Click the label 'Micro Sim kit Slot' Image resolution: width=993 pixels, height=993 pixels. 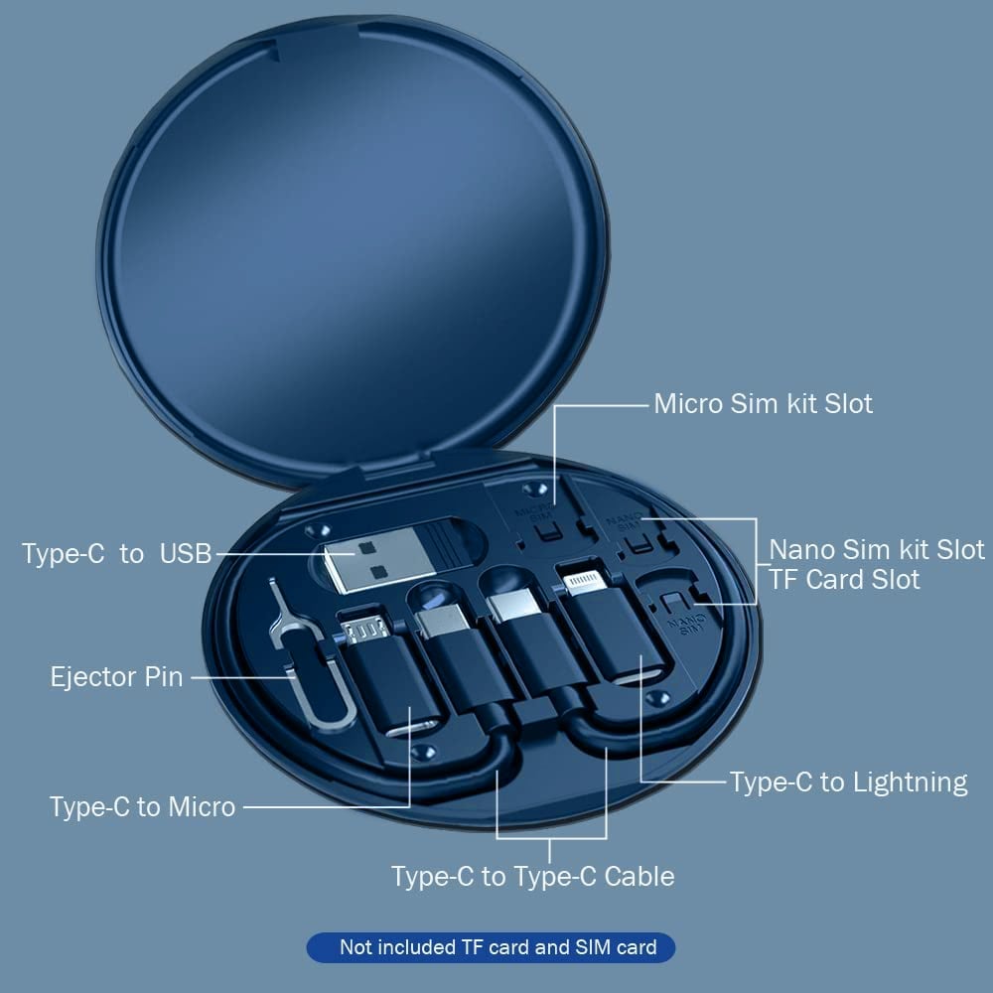tap(763, 404)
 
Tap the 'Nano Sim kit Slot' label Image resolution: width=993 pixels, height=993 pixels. tap(877, 549)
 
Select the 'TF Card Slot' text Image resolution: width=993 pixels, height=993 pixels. tap(844, 579)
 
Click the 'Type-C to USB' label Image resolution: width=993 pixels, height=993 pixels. tap(117, 554)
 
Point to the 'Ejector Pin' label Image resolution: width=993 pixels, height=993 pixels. tap(117, 677)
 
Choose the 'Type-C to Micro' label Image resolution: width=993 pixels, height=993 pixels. tap(143, 806)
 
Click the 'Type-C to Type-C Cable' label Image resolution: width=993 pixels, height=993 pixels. tap(532, 876)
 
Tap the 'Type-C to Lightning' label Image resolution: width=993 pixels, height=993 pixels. tap(848, 782)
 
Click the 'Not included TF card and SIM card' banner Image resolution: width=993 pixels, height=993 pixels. tap(497, 947)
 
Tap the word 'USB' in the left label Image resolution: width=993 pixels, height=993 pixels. tap(186, 554)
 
